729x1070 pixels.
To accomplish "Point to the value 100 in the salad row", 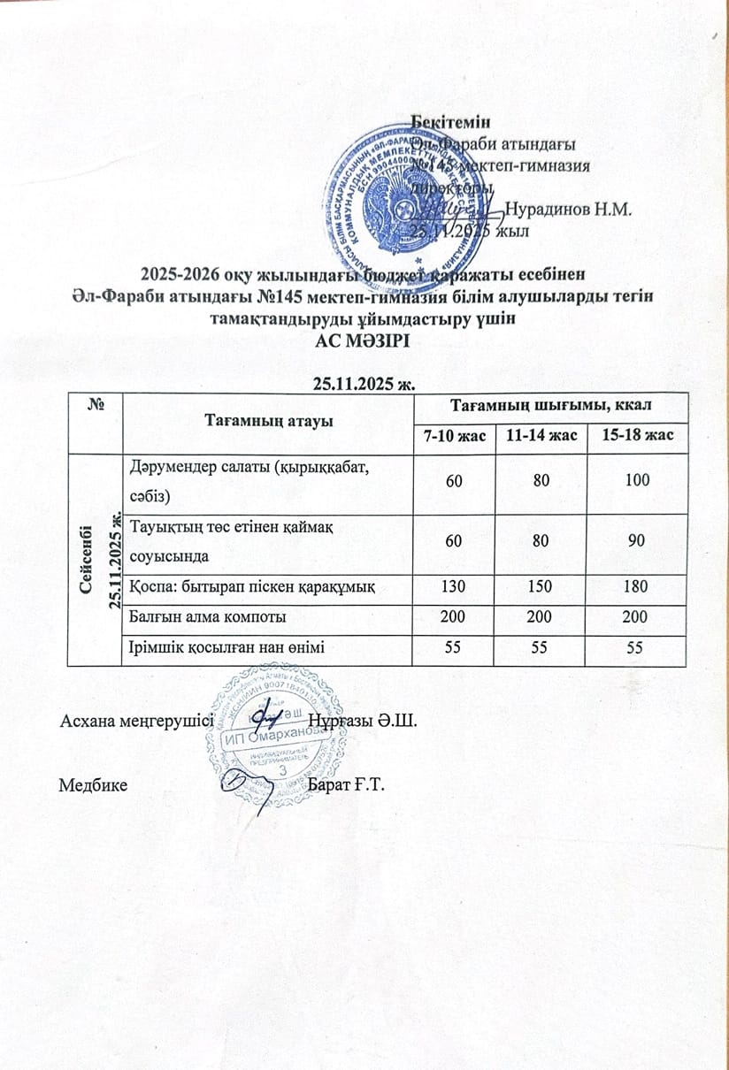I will tap(635, 481).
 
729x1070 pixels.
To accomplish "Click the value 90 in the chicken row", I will tap(635, 539).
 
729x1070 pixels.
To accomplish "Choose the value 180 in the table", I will tap(635, 586).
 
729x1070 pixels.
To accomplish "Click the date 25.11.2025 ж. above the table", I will tap(364, 383).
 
